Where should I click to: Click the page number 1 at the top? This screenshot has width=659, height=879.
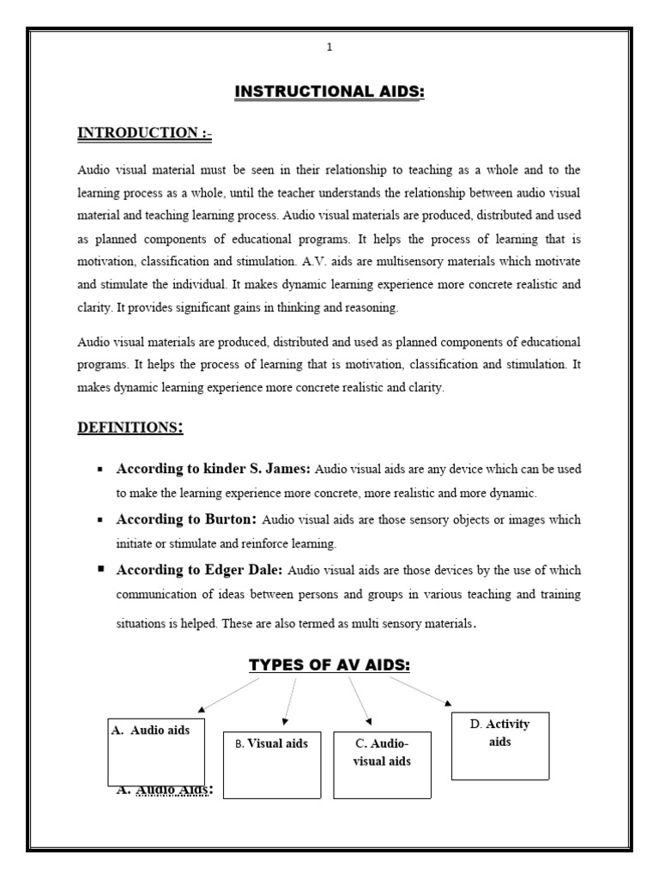[x=329, y=47]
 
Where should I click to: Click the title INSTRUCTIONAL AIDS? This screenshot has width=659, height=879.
[x=329, y=92]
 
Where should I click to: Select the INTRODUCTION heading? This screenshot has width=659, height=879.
[x=144, y=132]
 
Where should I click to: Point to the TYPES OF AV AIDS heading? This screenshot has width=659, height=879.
[x=329, y=665]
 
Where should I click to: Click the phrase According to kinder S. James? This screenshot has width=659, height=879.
[x=215, y=470]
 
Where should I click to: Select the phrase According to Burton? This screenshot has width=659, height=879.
[x=186, y=519]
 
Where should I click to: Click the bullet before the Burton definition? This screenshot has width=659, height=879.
[x=101, y=520]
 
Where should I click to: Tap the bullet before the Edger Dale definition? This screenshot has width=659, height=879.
[x=101, y=569]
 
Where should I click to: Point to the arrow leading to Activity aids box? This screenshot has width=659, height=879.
[x=420, y=690]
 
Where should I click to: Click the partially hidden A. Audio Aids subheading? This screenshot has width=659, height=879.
[x=164, y=789]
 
